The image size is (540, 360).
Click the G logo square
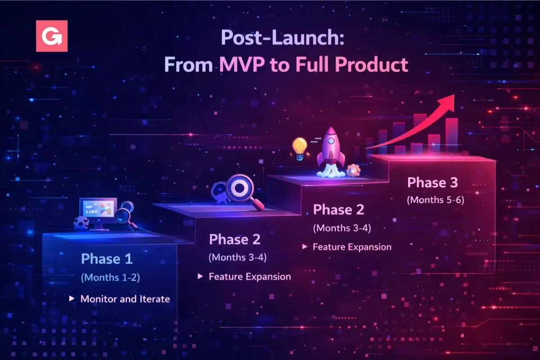pyautogui.click(x=52, y=36)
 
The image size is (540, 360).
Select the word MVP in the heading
pyautogui.click(x=242, y=65)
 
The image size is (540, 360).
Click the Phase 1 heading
pyautogui.click(x=107, y=259)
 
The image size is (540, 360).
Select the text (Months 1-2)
pyautogui.click(x=110, y=278)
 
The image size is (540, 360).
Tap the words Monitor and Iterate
pyautogui.click(x=125, y=299)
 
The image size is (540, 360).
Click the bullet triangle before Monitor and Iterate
pyautogui.click(x=72, y=298)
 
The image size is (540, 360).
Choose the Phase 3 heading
pyautogui.click(x=432, y=183)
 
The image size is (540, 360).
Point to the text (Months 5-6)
pyautogui.click(x=435, y=200)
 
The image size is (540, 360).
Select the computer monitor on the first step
pyautogui.click(x=98, y=211)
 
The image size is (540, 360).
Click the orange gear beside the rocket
pyautogui.click(x=354, y=170)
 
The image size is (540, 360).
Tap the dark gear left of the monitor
pyautogui.click(x=81, y=222)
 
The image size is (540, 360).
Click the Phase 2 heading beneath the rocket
pyautogui.click(x=338, y=210)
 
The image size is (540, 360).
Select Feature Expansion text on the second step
pyautogui.click(x=250, y=276)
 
